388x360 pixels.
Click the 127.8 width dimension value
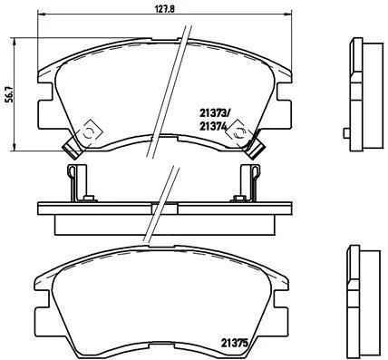[x=165, y=9]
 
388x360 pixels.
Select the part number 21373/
[x=215, y=113]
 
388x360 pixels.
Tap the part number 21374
[x=213, y=126]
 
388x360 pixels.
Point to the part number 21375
[x=235, y=343]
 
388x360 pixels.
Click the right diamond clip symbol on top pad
[x=240, y=132]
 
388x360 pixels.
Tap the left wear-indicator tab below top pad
[x=72, y=147]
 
